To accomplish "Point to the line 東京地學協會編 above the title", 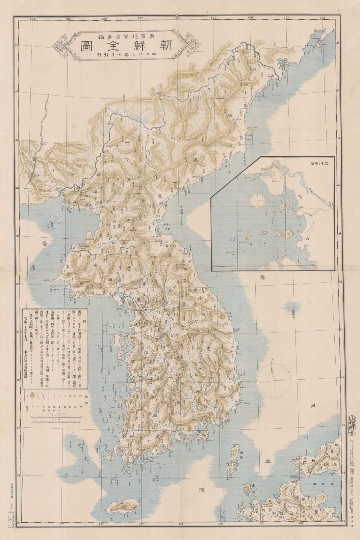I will tap(125, 36).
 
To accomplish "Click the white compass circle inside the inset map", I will tap(257, 201).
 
